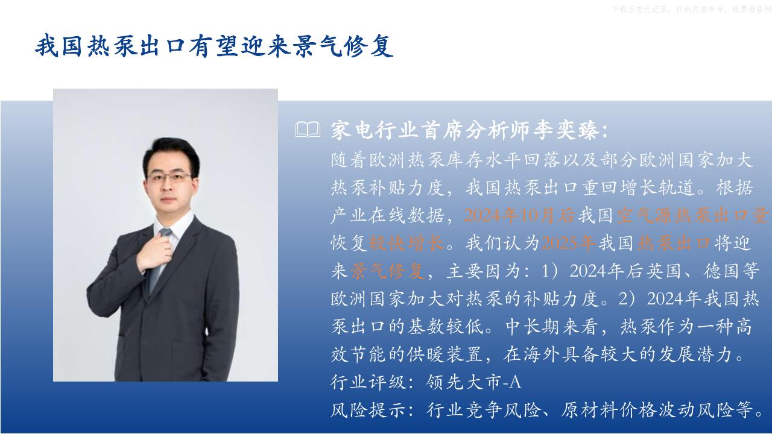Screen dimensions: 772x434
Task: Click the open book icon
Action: click(x=308, y=130)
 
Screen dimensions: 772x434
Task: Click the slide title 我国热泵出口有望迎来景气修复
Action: click(x=214, y=45)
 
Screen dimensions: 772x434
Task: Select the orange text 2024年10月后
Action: click(x=520, y=216)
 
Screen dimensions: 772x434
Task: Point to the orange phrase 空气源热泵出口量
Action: click(x=692, y=216)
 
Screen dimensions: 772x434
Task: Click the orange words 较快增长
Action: click(x=407, y=243)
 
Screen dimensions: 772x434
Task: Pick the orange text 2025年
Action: click(x=569, y=243)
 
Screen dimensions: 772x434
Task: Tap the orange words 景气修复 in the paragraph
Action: click(x=387, y=271)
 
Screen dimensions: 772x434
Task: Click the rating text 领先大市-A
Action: click(x=473, y=382)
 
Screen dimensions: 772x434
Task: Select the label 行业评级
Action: click(x=368, y=382)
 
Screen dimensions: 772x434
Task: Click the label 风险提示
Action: click(x=368, y=410)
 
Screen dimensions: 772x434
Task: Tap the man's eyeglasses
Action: click(x=169, y=177)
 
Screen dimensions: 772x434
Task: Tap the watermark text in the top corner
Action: click(x=692, y=9)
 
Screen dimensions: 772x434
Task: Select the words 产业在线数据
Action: click(x=387, y=216)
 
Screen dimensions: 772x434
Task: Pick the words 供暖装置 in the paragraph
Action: click(x=445, y=354)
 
